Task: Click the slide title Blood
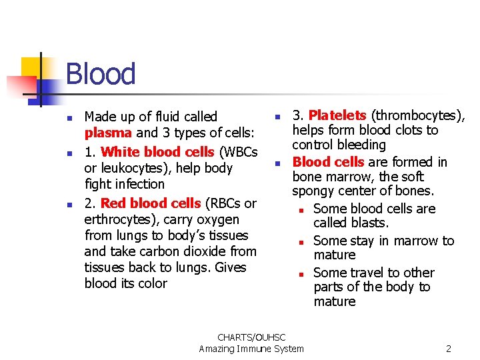click(101, 74)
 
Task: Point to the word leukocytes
click(132, 168)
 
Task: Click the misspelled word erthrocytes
click(116, 219)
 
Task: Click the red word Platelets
click(337, 115)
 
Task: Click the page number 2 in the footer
click(449, 349)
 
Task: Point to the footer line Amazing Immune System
click(251, 349)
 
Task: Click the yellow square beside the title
click(31, 67)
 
